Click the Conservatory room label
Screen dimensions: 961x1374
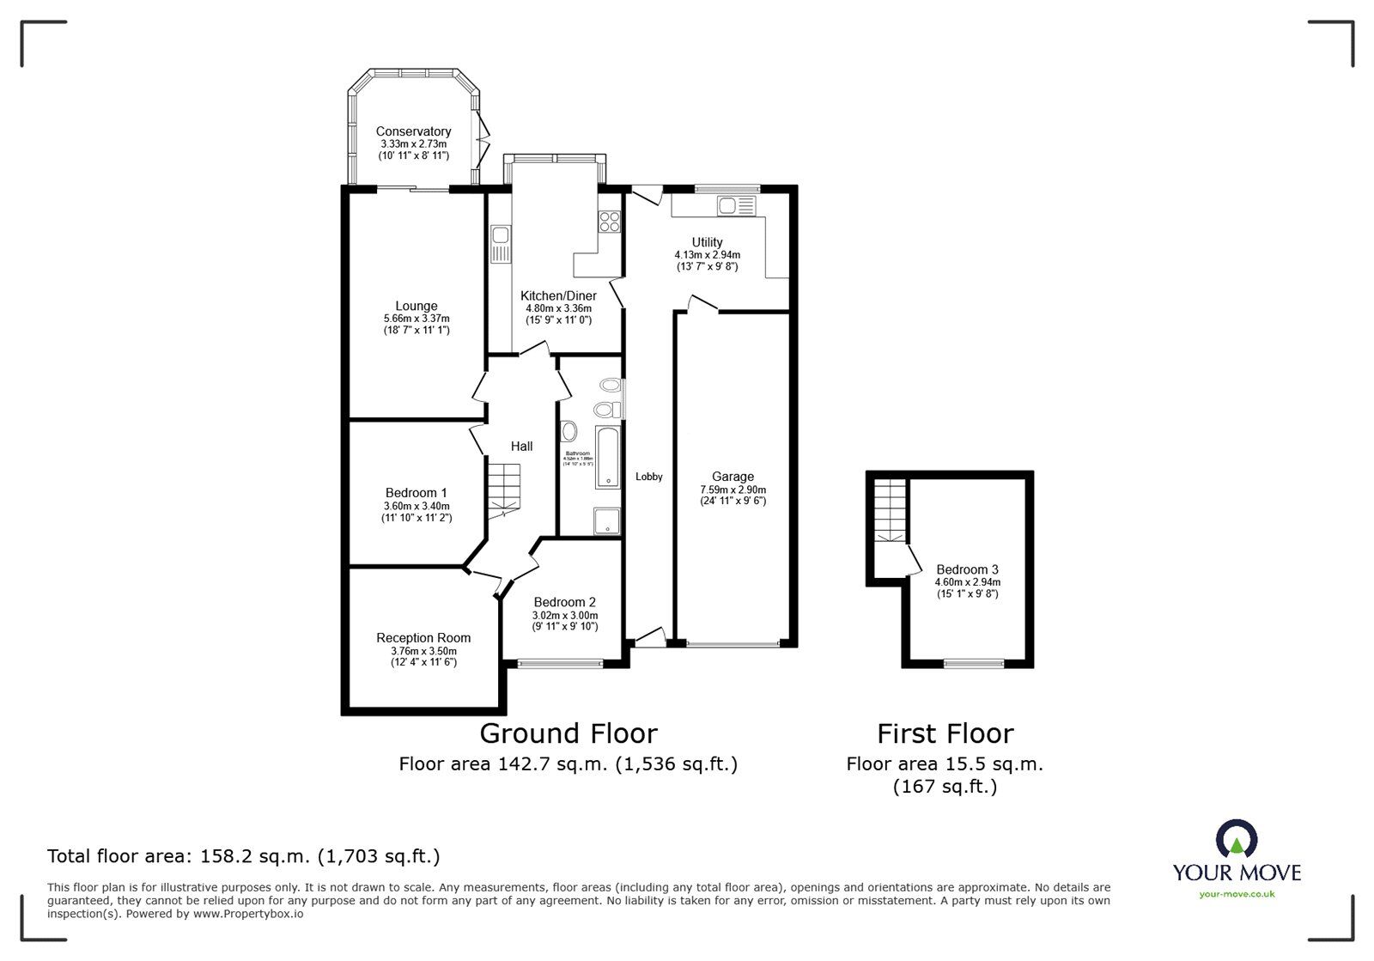pos(413,131)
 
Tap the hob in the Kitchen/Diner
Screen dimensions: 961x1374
pos(609,221)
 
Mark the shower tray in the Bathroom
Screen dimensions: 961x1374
pos(606,520)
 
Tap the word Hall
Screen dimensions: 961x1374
pos(521,446)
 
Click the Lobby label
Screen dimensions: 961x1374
pos(648,477)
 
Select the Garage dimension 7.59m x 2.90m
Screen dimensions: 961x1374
pos(733,490)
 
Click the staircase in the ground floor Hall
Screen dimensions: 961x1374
pos(504,490)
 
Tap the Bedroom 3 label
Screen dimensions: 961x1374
pos(967,569)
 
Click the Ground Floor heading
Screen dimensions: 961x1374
pos(568,733)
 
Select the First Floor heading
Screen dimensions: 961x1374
pos(945,733)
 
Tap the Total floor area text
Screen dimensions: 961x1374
pos(243,856)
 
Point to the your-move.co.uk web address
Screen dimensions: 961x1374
pos(1237,894)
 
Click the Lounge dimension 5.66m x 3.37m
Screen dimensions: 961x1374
pos(416,319)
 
